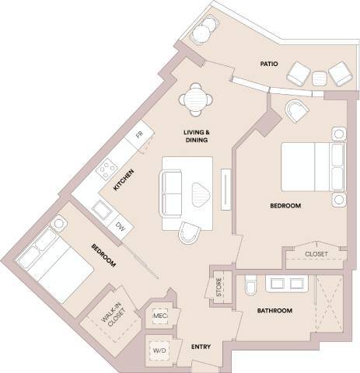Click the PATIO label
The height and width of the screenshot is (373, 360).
[269, 64]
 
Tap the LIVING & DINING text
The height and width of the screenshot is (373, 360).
[198, 137]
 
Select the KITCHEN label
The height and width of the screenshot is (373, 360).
[121, 180]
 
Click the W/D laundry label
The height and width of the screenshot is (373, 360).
[159, 350]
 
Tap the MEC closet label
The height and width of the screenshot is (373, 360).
[161, 316]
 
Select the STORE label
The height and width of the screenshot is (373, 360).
[219, 288]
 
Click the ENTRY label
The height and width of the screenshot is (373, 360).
[201, 347]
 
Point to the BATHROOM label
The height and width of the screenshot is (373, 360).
[274, 311]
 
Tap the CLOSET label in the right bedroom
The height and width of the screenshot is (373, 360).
[316, 254]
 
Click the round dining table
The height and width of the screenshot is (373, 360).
[194, 99]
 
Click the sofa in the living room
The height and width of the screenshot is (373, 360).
[171, 193]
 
